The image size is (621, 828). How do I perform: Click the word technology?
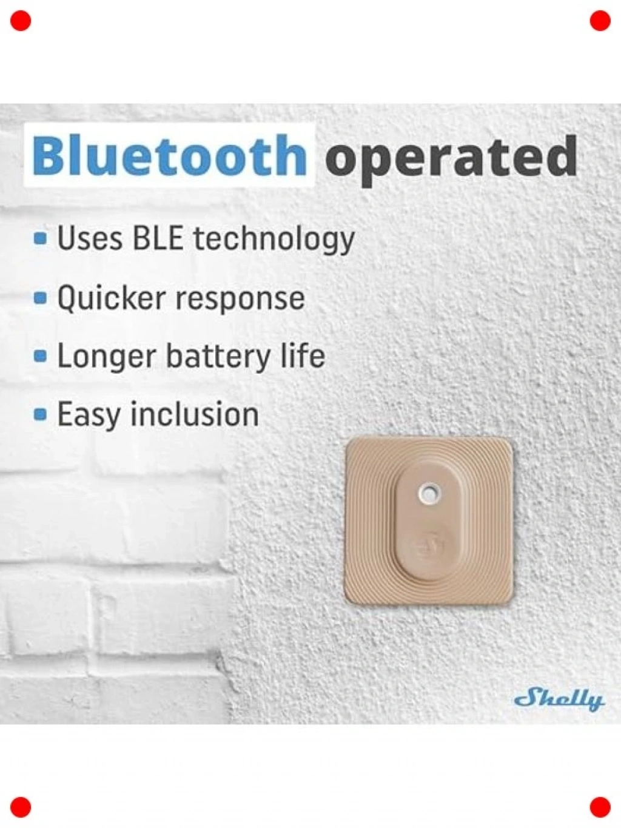pos(274,241)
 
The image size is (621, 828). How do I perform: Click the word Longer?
pos(106,358)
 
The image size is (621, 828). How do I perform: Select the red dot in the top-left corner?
pos(21,21)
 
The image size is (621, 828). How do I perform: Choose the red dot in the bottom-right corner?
pos(600,807)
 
